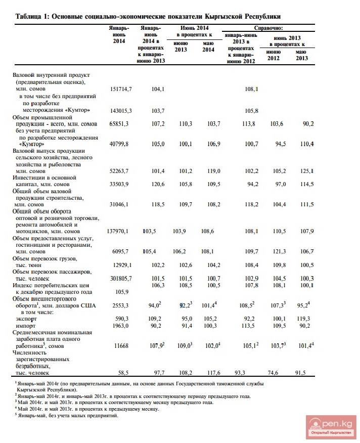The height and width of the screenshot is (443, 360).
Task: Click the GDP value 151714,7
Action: pyautogui.click(x=121, y=88)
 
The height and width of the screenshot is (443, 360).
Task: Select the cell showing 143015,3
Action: pyautogui.click(x=121, y=110)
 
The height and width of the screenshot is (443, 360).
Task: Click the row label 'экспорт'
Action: pyautogui.click(x=26, y=319)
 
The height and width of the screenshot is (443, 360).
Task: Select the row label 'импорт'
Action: pyautogui.click(x=26, y=326)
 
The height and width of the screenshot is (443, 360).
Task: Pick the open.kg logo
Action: pyautogui.click(x=331, y=426)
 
